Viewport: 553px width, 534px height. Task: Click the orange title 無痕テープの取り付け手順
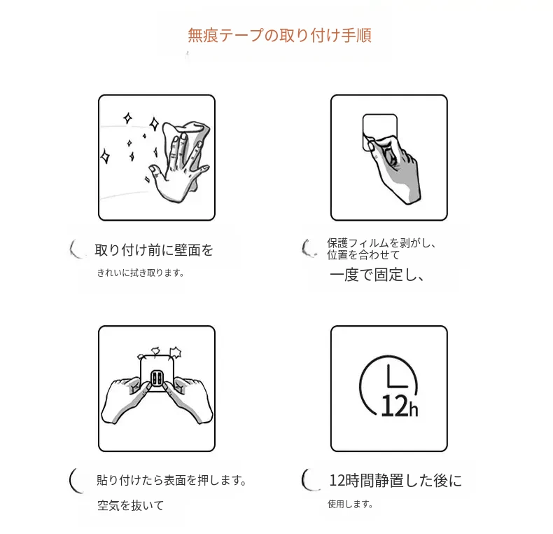pyautogui.click(x=279, y=35)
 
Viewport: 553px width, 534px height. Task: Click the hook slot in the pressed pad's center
pyautogui.click(x=156, y=378)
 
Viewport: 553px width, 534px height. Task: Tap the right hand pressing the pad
pyautogui.click(x=189, y=399)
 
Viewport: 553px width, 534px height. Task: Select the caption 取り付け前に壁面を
pyautogui.click(x=154, y=250)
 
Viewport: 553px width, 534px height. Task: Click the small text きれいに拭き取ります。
pyautogui.click(x=141, y=273)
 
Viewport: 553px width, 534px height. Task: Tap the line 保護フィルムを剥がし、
pyautogui.click(x=381, y=243)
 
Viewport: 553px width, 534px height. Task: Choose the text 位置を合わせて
pyautogui.click(x=363, y=255)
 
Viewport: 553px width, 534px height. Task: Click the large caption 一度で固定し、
pyautogui.click(x=377, y=275)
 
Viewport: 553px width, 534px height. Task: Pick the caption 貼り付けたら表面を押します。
pyautogui.click(x=171, y=480)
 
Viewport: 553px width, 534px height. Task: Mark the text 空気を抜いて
pyautogui.click(x=130, y=505)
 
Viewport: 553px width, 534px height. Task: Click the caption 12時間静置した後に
pyautogui.click(x=395, y=480)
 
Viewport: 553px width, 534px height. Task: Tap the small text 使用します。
pyautogui.click(x=350, y=504)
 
